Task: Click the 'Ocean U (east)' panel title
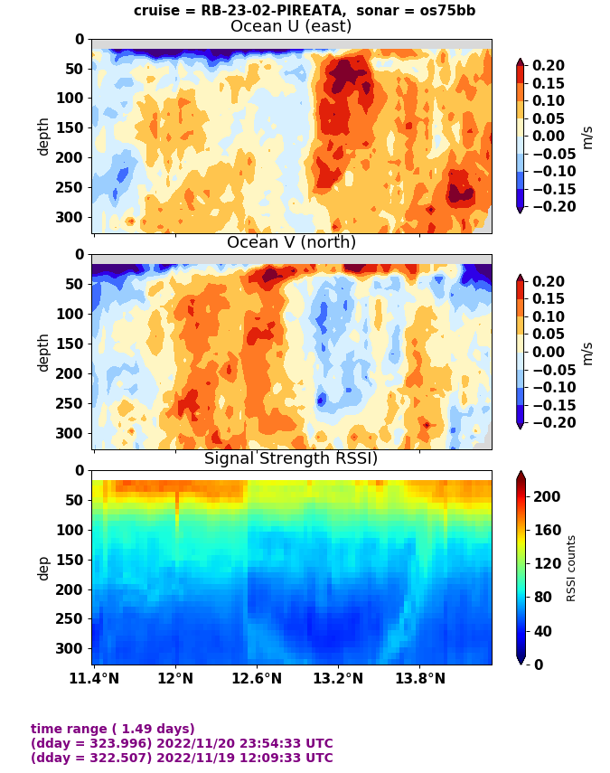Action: pos(291,26)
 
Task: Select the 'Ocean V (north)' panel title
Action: pos(291,242)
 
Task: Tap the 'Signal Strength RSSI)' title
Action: pos(291,458)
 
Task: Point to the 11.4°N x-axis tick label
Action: pos(94,677)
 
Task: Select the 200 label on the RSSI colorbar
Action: pos(545,496)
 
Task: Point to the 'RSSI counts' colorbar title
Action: pos(571,568)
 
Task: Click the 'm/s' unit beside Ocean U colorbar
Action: pos(587,136)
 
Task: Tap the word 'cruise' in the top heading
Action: pos(156,11)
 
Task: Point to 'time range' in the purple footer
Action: pos(68,729)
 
